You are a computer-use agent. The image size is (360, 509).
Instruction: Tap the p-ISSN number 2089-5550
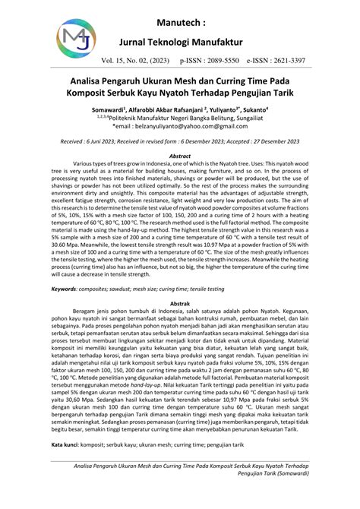pos(239,58)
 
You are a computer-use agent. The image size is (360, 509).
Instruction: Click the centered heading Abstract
pos(180,155)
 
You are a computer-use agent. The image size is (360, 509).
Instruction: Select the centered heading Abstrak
pos(179,280)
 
